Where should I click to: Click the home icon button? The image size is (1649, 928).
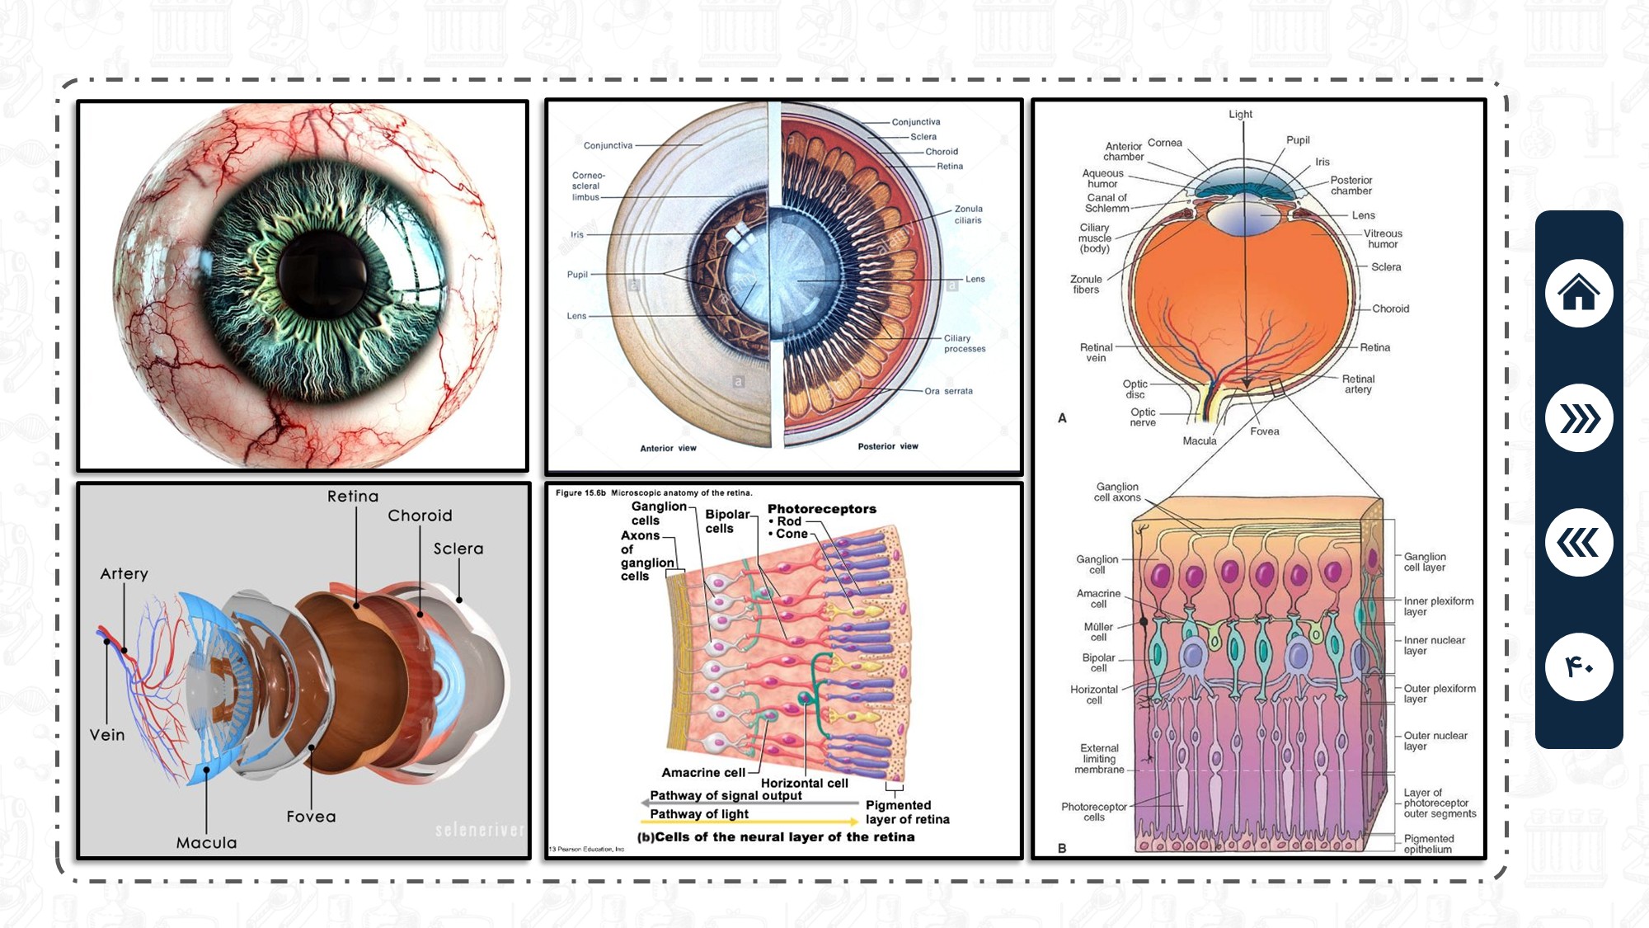1578,293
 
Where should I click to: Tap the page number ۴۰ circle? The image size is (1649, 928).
1578,667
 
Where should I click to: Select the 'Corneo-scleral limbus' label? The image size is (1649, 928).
588,186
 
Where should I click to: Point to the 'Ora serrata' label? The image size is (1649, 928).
948,391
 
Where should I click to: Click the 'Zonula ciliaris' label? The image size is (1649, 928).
968,214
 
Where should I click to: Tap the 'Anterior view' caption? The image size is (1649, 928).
668,448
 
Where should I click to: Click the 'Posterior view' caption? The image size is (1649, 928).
887,446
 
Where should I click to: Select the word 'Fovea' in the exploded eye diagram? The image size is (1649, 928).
311,817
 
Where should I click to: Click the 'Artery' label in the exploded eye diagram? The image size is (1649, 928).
124,573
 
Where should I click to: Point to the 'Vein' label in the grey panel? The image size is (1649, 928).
107,735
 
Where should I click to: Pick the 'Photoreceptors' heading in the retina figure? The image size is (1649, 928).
821,509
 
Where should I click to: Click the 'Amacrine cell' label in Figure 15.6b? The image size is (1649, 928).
702,773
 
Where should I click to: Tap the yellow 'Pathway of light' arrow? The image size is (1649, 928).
750,821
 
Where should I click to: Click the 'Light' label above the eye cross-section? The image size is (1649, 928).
1240,114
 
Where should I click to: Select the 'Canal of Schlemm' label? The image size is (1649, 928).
1106,203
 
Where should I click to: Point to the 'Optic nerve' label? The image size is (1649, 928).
1143,417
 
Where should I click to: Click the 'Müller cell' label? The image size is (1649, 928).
1098,632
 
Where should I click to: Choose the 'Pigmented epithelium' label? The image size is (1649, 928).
1428,844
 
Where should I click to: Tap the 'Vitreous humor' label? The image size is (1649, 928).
1383,238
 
